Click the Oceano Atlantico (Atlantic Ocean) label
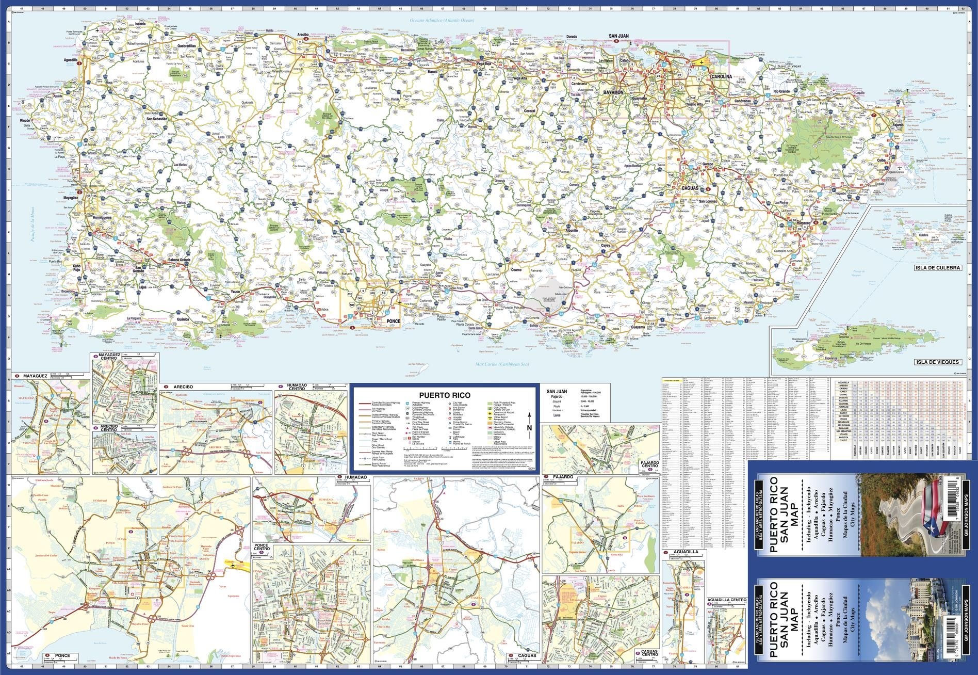coord(441,20)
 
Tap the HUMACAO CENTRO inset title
coord(297,388)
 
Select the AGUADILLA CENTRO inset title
coord(727,600)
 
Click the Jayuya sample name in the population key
coord(557,400)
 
